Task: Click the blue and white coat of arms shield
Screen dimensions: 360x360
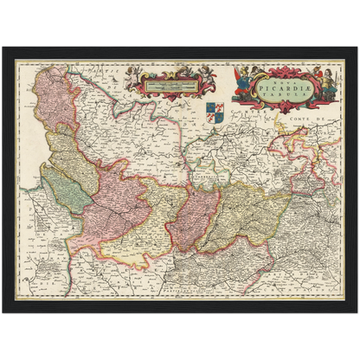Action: [216, 111]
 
